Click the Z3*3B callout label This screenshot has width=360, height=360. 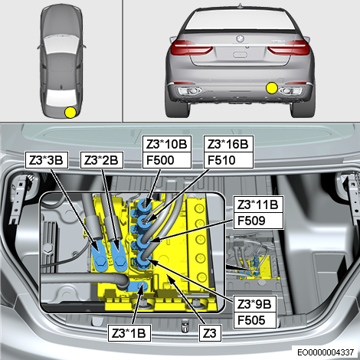tap(47, 160)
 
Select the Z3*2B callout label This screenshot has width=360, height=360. tap(102, 160)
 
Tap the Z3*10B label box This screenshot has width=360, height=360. tap(167, 144)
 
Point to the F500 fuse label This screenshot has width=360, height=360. tap(167, 160)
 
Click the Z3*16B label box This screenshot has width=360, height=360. tap(228, 144)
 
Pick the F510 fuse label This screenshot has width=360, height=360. tap(228, 160)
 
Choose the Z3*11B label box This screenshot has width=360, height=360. tap(258, 205)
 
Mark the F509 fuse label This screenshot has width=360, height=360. tap(258, 221)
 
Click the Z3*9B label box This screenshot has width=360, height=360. tap(255, 304)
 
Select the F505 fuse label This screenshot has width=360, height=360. tap(255, 320)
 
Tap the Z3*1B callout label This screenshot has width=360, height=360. tap(129, 333)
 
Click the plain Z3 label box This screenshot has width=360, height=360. tap(210, 333)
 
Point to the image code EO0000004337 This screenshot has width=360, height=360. tap(326, 352)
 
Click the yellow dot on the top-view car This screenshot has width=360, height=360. tap(70, 113)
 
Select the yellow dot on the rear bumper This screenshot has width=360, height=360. tap(272, 88)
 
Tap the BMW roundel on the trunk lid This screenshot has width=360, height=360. tap(240, 38)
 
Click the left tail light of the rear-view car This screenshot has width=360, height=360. tap(191, 47)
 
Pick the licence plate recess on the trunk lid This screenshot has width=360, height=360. tap(240, 54)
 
